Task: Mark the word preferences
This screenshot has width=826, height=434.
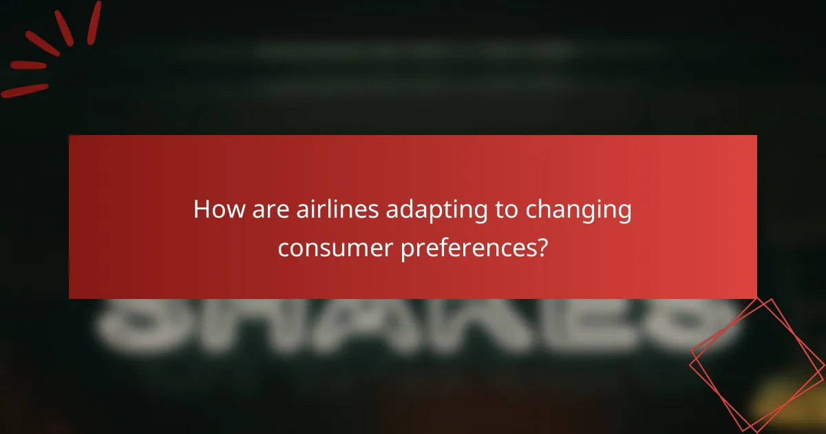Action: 467,248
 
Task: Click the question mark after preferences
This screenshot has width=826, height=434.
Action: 542,247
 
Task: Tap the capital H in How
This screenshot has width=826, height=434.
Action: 201,209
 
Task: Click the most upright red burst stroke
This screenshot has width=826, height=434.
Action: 94,22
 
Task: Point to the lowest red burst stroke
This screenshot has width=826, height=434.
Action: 25,90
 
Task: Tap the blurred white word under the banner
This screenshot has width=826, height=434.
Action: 413,324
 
